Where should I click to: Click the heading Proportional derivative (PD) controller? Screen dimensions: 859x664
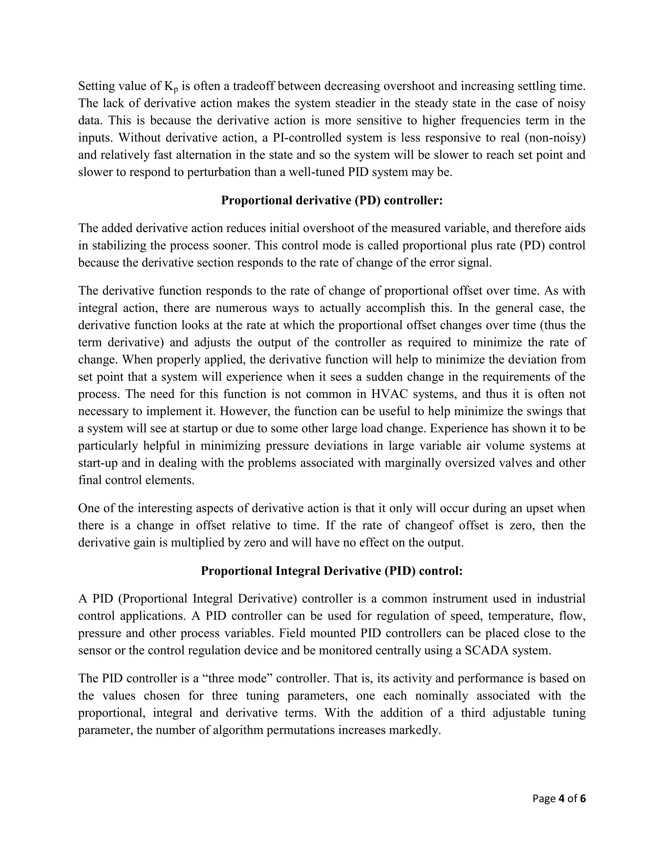(332, 200)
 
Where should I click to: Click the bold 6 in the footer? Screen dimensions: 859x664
(583, 798)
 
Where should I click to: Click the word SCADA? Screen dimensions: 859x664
(486, 650)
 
